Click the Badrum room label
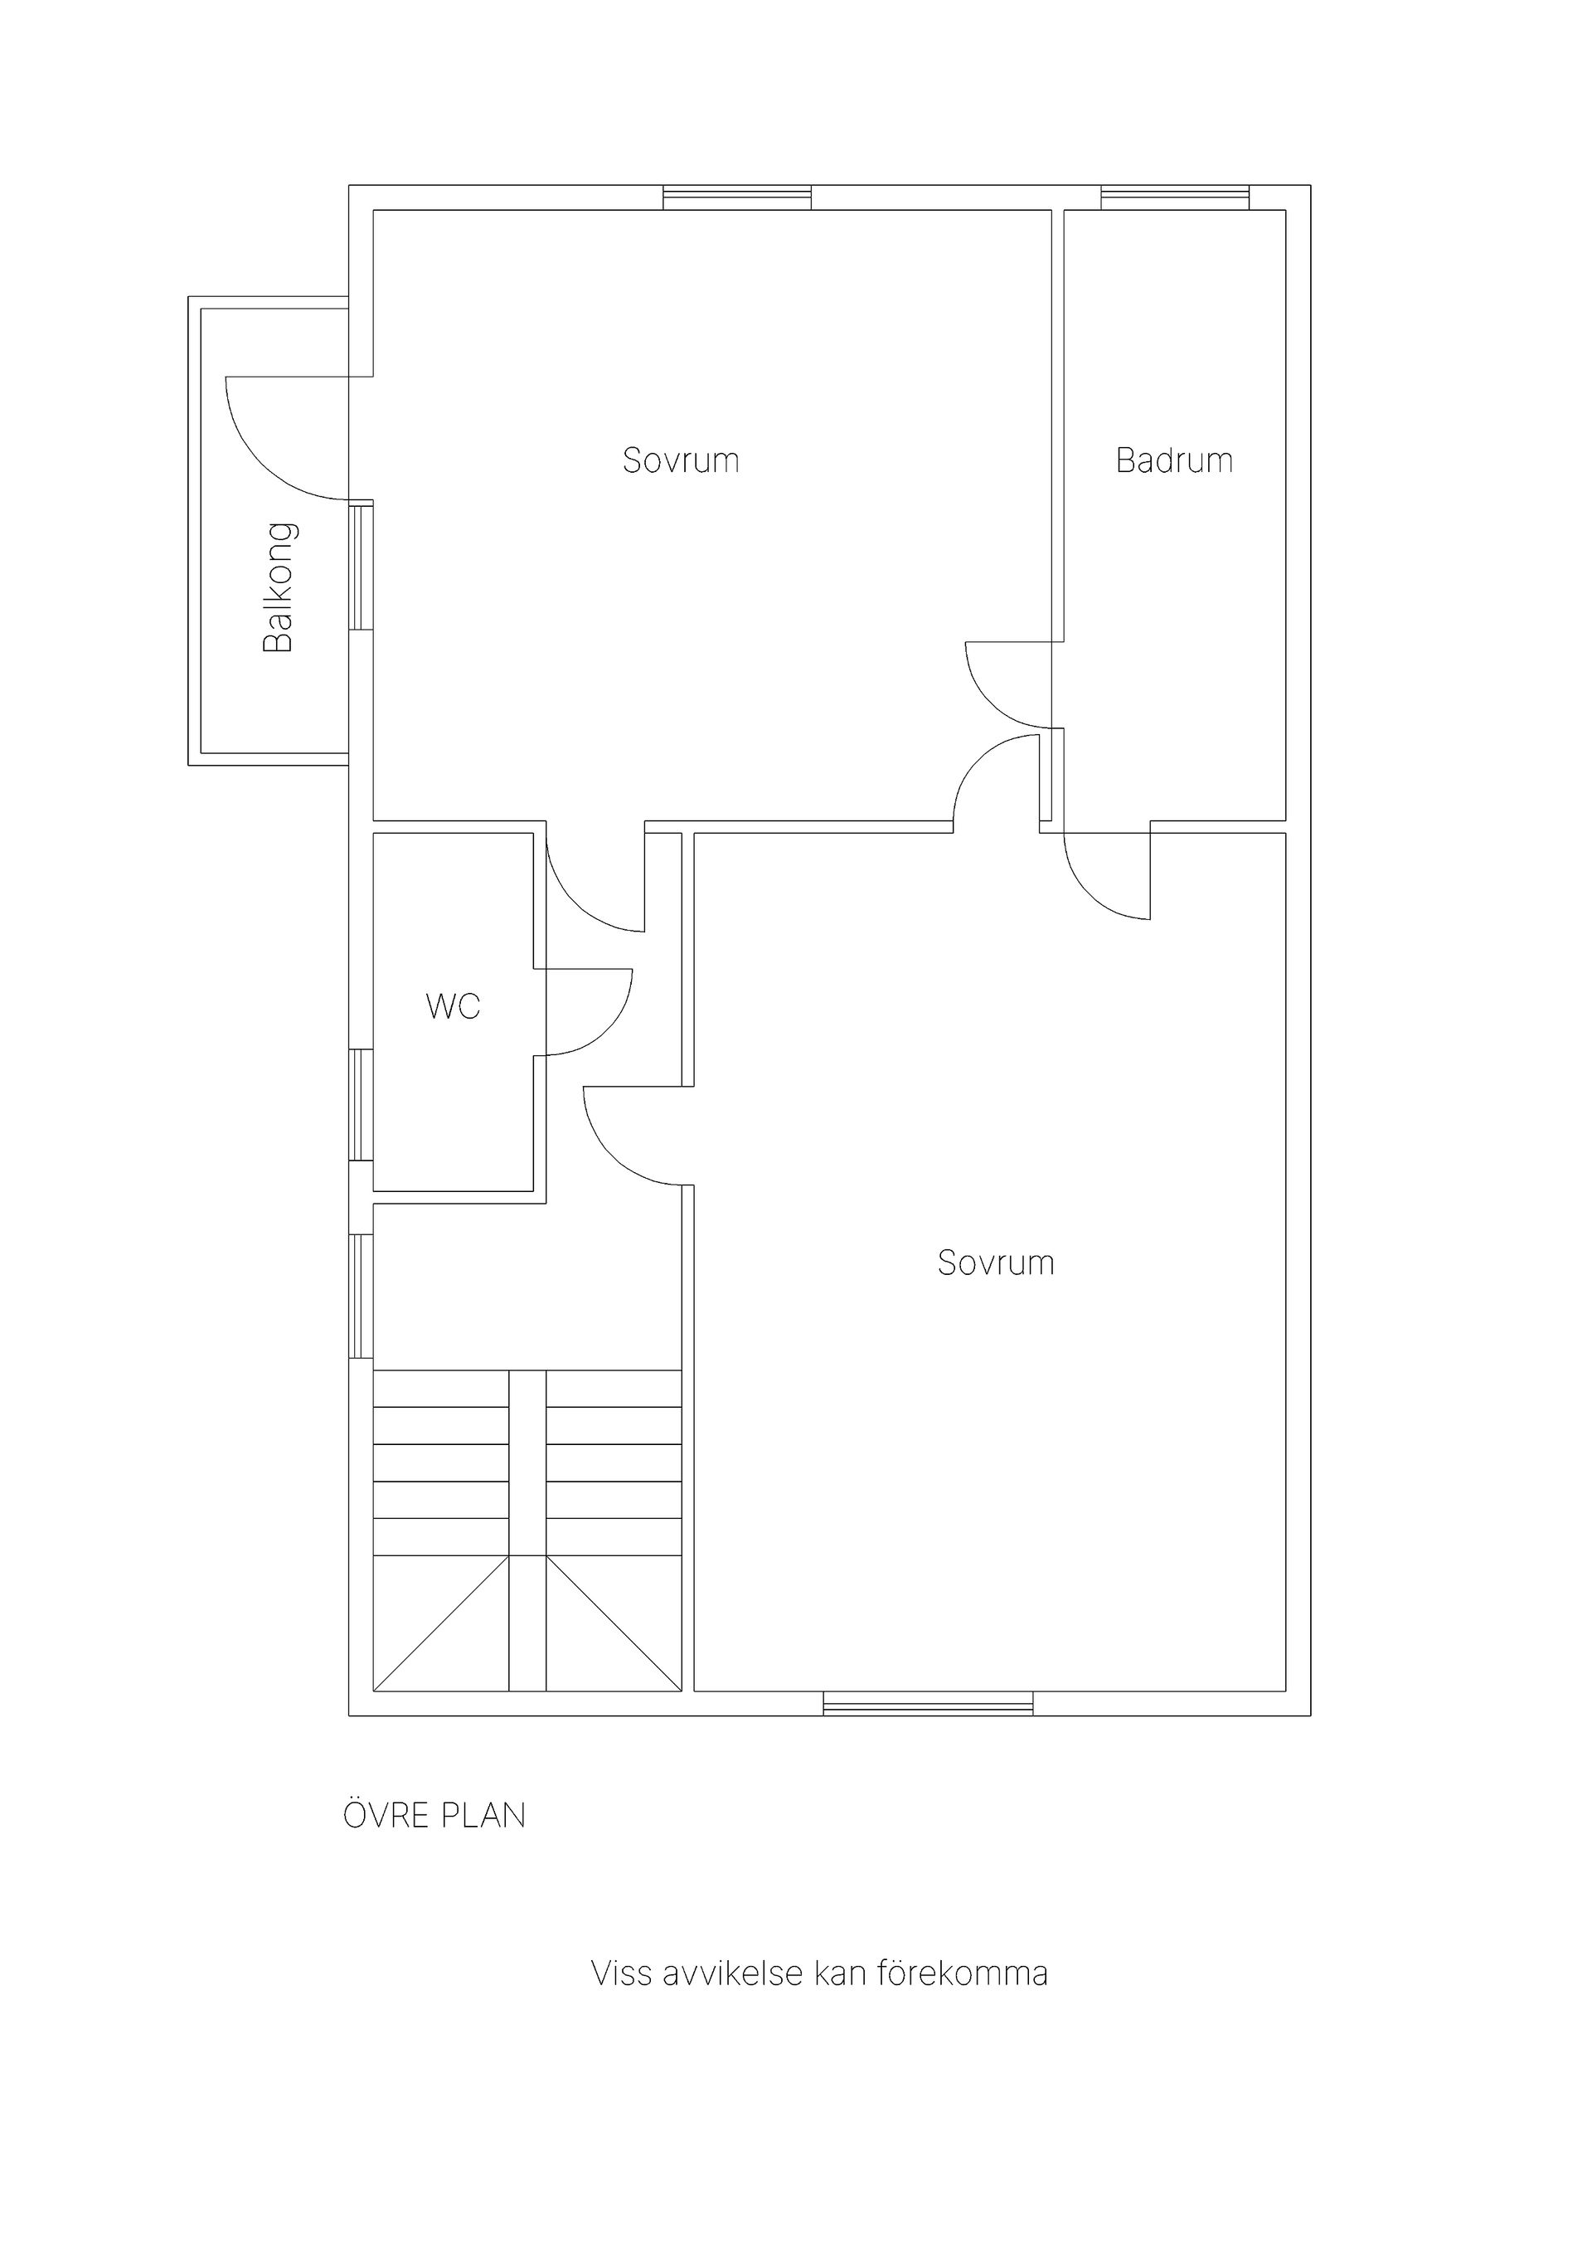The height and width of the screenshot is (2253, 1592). click(x=1174, y=460)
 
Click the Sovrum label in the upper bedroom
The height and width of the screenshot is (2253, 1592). click(x=681, y=460)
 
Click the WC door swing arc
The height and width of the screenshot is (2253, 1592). click(x=607, y=1030)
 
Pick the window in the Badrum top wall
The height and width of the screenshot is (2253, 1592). click(x=1175, y=197)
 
